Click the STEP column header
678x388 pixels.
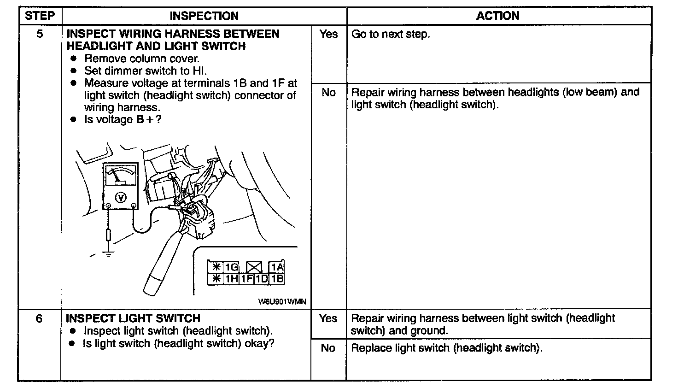(40, 16)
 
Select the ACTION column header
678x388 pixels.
(497, 16)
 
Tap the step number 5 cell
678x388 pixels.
(40, 34)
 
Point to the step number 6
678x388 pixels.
(39, 318)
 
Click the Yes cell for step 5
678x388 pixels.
(328, 34)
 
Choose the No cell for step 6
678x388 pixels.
(328, 348)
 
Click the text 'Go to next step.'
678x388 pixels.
(391, 34)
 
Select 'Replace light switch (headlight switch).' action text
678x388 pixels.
(447, 348)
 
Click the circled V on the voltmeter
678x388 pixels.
(121, 197)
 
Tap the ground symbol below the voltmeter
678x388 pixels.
(108, 253)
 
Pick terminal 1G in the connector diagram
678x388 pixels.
(231, 267)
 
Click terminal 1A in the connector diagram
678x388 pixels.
(277, 267)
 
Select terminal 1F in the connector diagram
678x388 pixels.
(247, 279)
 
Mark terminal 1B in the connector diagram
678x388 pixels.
(277, 279)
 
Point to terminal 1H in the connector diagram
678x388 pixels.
(231, 279)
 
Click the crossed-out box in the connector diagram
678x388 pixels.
(254, 267)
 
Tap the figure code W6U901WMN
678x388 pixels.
(281, 302)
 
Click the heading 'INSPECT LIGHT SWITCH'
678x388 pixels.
(133, 318)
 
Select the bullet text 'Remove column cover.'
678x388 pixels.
(141, 59)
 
